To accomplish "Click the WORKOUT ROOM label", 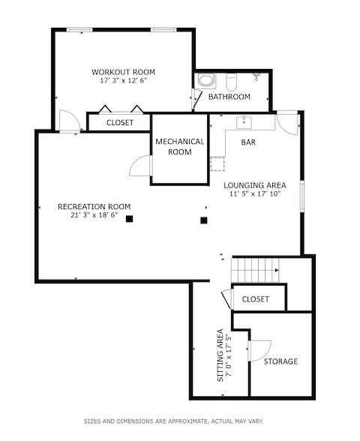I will (x=123, y=72).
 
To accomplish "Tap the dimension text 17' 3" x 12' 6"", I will (x=123, y=82).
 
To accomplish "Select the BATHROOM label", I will (x=229, y=97).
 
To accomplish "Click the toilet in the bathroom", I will (x=232, y=79).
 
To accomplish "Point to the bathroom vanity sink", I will (x=205, y=81).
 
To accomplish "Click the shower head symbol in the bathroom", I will (x=256, y=76).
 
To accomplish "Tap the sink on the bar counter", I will (x=243, y=122).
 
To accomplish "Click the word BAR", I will (x=247, y=142).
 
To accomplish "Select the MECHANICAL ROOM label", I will (x=179, y=146).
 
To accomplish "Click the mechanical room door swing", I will (x=139, y=166).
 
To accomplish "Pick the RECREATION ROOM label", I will (x=94, y=206).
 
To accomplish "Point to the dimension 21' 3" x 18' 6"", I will (x=94, y=216).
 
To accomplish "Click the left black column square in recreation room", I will (x=130, y=219).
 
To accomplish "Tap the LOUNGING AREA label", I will (x=255, y=185).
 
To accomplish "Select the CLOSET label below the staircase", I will (x=256, y=299).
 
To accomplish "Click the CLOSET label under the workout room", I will (x=120, y=122).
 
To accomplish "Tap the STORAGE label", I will (x=280, y=361).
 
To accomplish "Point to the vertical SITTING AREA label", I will (x=220, y=355).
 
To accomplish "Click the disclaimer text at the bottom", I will (x=173, y=421).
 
